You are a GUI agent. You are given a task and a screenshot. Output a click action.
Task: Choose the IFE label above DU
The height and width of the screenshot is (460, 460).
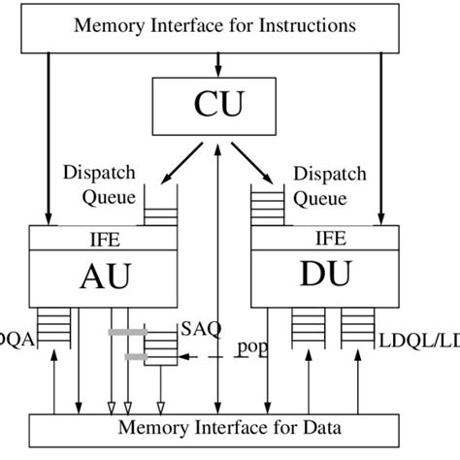tap(330, 237)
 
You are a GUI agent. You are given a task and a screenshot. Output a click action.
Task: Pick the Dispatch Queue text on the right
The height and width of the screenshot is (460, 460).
tap(330, 186)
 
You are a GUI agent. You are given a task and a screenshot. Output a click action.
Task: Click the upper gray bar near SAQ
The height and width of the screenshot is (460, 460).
tap(127, 333)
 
